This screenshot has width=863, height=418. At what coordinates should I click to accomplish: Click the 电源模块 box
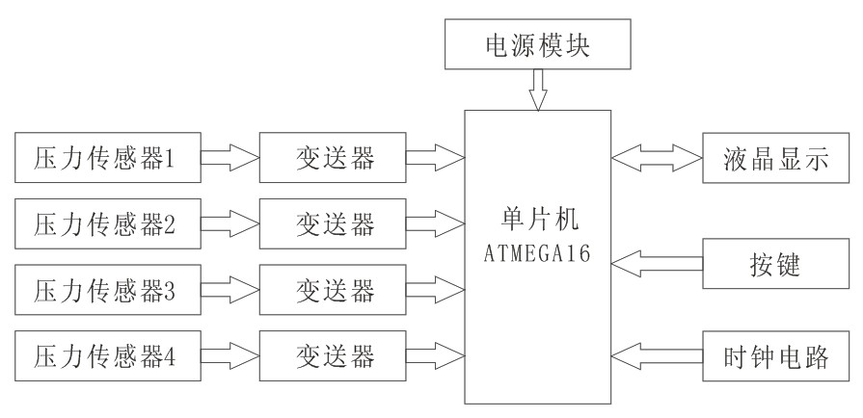[537, 44]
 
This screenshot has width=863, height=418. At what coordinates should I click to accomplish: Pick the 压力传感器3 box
[105, 288]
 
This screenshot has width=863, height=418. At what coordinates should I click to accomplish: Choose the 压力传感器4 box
[105, 355]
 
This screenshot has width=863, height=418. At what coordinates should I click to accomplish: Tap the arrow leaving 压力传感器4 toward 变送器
[229, 355]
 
